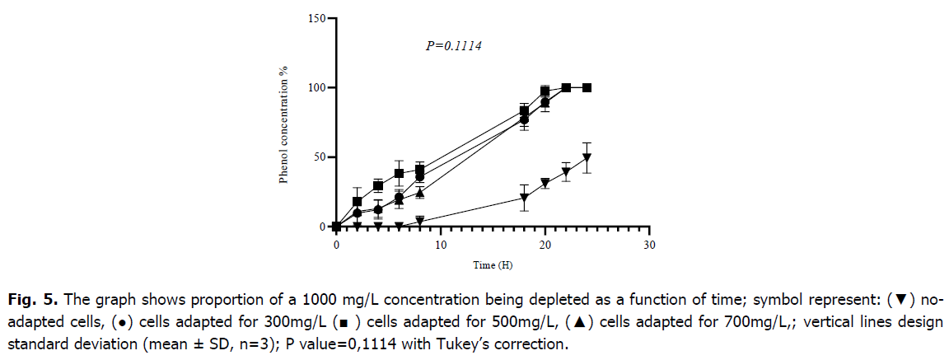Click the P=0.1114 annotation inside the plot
tap(453, 47)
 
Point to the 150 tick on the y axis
tap(316, 18)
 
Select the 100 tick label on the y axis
tap(316, 87)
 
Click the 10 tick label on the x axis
tap(441, 245)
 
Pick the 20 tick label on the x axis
tap(545, 245)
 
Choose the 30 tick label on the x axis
tap(649, 245)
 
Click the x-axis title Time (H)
tap(492, 265)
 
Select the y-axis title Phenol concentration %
tap(283, 122)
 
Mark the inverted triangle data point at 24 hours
tap(587, 158)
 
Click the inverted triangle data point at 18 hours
tap(524, 198)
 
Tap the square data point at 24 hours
tap(587, 87)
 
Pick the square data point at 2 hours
tap(357, 201)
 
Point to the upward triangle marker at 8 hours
tap(419, 193)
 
